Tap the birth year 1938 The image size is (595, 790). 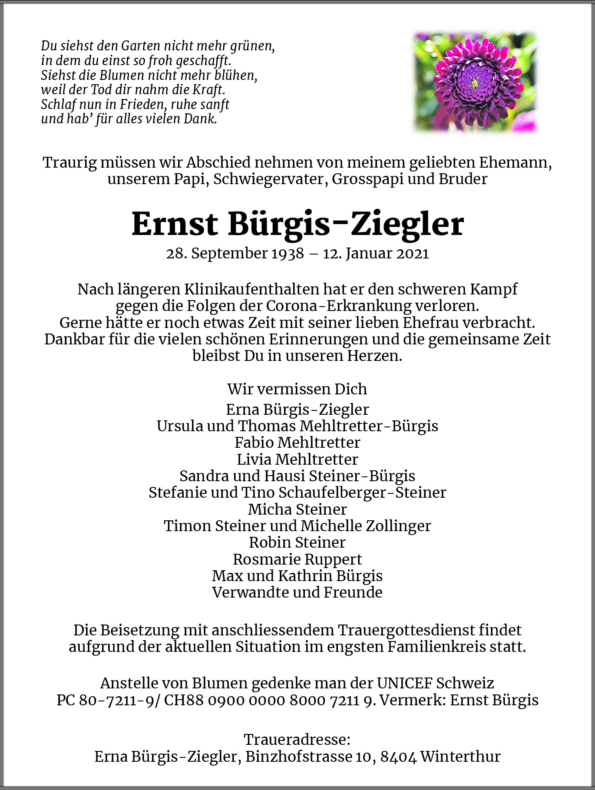click(288, 253)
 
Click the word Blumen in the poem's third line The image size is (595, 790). click(122, 75)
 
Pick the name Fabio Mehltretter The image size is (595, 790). click(297, 443)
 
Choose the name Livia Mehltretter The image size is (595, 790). click(297, 459)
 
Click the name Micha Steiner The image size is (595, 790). click(297, 509)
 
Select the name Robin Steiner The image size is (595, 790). click(297, 542)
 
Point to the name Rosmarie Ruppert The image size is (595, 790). click(297, 559)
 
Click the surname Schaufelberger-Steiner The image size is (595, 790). click(362, 493)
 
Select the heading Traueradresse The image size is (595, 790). click(297, 740)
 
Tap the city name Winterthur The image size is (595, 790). click(460, 757)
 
